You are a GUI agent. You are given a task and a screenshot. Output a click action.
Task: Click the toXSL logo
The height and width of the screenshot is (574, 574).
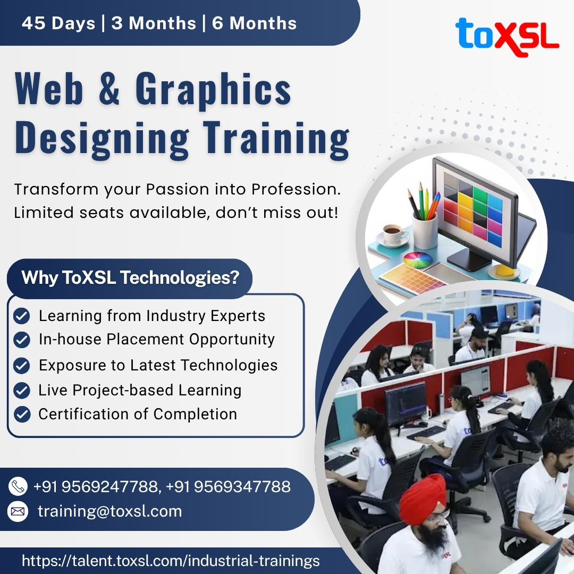coord(507,36)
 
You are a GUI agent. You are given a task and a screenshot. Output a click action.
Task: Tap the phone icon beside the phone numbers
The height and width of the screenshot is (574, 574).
coord(18,486)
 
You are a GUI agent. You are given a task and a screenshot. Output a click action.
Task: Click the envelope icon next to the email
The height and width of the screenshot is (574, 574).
coord(18,511)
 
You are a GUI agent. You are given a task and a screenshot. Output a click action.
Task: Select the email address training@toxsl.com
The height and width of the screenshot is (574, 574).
coord(109,511)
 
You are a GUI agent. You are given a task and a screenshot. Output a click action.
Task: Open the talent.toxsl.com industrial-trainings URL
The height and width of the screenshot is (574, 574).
coord(171,561)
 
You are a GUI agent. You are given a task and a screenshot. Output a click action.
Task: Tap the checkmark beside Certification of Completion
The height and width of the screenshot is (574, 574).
coord(22,414)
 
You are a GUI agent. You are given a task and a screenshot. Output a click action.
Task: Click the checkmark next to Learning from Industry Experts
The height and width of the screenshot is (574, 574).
coord(22,316)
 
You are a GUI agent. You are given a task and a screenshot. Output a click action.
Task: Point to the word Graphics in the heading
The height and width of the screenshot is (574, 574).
coord(213,90)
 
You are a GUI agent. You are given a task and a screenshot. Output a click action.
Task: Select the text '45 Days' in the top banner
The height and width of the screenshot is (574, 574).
coord(58,23)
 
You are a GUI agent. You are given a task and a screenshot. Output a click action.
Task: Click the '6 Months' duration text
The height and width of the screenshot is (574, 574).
coord(255,23)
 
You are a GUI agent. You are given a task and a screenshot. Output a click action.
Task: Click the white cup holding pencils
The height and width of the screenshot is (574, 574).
coord(425,231)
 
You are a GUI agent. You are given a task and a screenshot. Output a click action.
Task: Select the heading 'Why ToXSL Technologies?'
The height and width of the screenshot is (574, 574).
coord(130,277)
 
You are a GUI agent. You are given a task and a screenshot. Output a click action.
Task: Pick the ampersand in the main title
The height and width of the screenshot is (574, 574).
coord(109,88)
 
